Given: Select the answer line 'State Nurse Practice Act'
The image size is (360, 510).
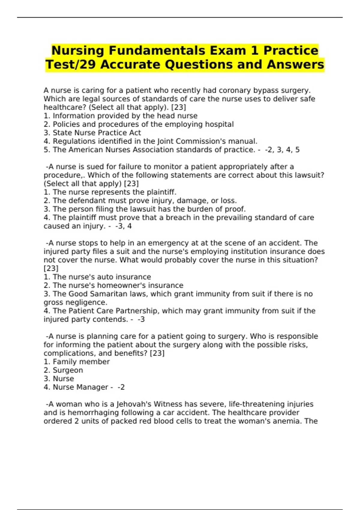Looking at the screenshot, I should (97, 133).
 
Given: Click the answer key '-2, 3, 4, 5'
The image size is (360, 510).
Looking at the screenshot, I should (282, 150).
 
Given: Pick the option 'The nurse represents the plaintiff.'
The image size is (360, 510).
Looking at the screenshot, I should (114, 192).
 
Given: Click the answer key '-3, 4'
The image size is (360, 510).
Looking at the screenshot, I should (123, 226).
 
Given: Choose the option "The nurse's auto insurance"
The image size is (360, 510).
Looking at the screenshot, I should (102, 277).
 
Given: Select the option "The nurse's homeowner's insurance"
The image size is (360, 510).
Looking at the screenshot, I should (118, 285).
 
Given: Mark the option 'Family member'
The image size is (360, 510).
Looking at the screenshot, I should (81, 361).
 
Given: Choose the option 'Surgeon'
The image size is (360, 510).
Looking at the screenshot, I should (68, 370).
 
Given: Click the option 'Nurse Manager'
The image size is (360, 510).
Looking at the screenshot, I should (80, 387).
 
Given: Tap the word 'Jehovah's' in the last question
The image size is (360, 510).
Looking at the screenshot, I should (134, 404).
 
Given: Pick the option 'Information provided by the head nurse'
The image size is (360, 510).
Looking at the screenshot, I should (125, 116).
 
